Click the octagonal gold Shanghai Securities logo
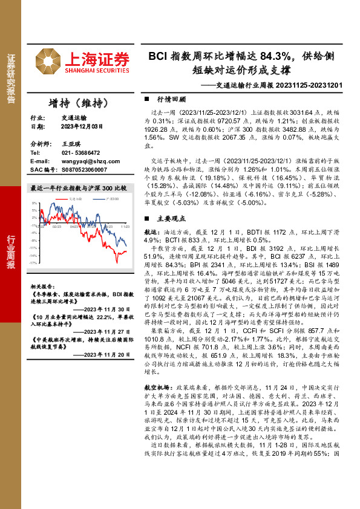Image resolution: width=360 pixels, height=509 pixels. [x=48, y=61]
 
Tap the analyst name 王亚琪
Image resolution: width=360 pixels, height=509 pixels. [x=71, y=144]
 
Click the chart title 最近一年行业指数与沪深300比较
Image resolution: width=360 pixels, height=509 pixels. [x=78, y=188]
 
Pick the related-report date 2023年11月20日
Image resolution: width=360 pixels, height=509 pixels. [x=108, y=357]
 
